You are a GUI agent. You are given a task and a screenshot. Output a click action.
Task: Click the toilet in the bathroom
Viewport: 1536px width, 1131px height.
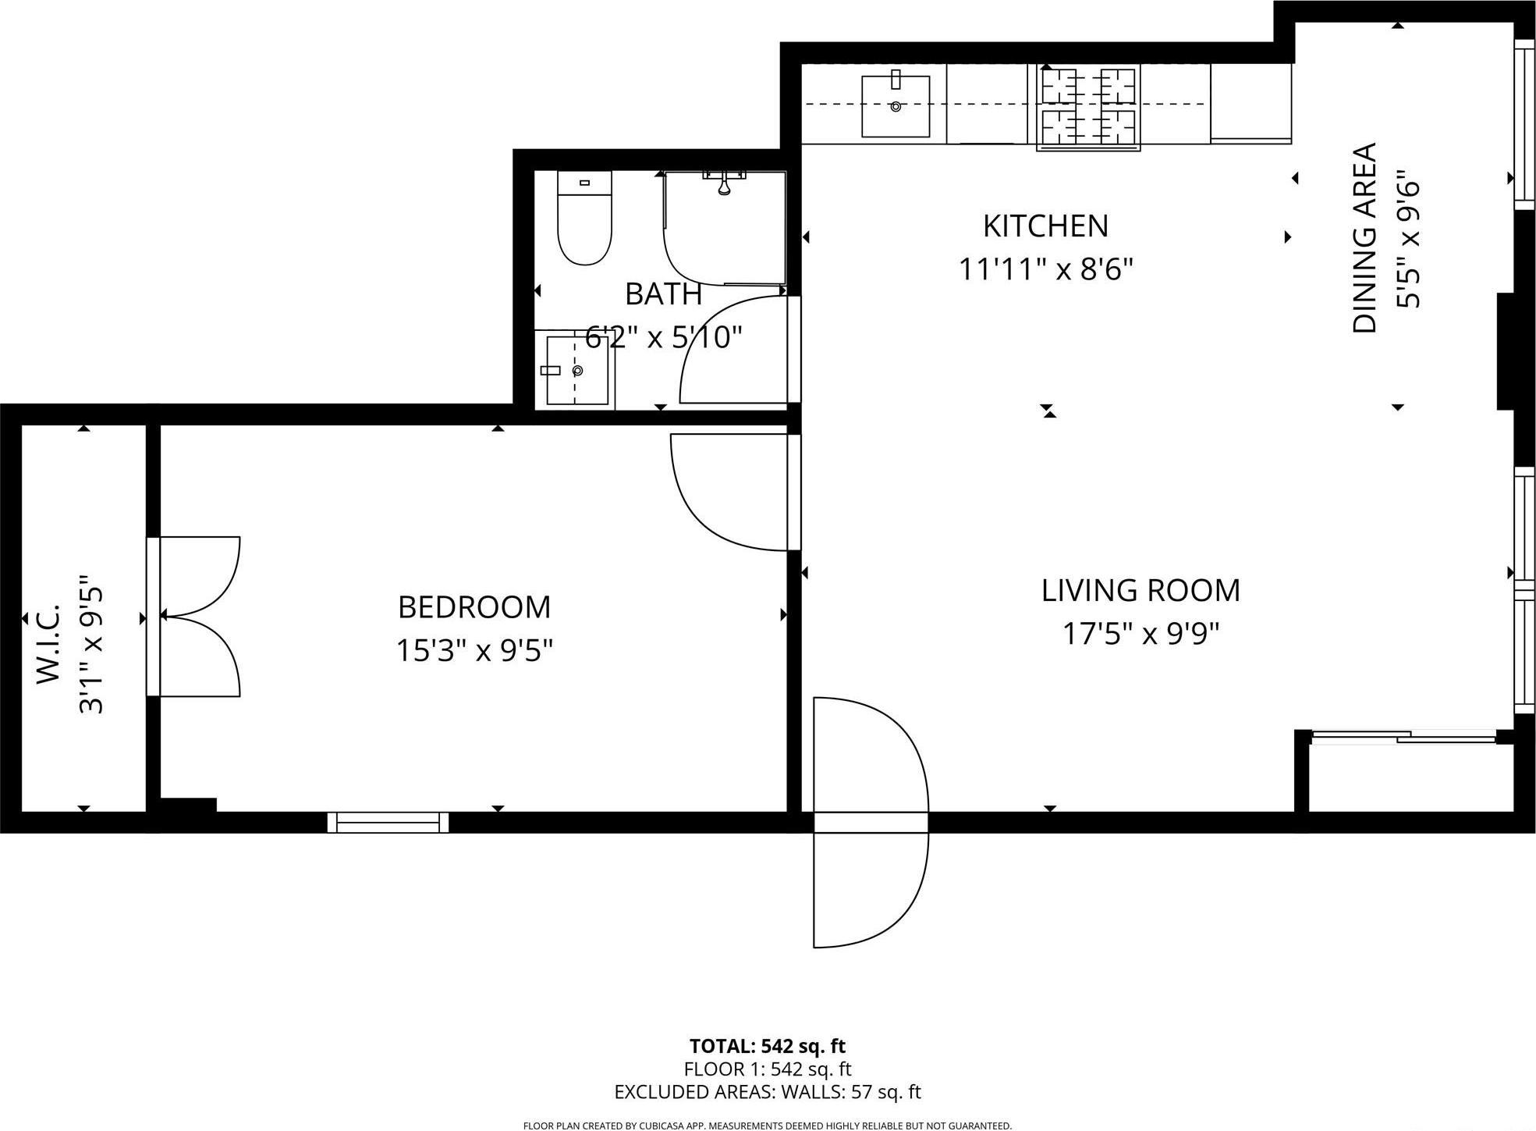(x=584, y=222)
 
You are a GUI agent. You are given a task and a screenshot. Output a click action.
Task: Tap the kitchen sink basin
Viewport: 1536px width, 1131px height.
(x=895, y=106)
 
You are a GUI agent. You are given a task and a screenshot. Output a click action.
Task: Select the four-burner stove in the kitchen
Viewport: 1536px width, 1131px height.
(x=1088, y=107)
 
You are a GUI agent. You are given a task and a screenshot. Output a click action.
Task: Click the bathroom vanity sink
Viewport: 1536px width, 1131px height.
(x=576, y=371)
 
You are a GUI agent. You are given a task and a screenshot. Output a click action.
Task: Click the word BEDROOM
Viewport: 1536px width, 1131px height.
(x=474, y=607)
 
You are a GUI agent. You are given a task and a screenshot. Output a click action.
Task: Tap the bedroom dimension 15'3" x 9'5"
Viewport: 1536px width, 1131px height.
(x=474, y=650)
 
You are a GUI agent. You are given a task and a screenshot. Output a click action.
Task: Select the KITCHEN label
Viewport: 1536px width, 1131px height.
(x=1045, y=226)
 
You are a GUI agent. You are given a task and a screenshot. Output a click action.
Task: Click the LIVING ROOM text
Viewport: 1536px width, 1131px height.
(x=1140, y=591)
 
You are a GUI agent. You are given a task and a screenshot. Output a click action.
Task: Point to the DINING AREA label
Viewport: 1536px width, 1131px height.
(x=1364, y=238)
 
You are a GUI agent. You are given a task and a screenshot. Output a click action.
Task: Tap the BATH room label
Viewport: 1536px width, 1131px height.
(x=663, y=294)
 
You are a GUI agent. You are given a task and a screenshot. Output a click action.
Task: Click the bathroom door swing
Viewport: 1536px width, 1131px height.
(x=733, y=351)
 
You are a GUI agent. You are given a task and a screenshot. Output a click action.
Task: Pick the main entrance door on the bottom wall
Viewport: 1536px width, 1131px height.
(x=870, y=822)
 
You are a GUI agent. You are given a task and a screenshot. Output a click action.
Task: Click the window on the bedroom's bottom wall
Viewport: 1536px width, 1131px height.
(x=388, y=822)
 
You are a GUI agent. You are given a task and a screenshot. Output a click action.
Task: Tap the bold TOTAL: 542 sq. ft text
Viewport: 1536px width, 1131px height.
(x=767, y=1046)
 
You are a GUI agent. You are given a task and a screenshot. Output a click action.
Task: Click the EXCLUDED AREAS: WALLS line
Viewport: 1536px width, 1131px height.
(x=767, y=1092)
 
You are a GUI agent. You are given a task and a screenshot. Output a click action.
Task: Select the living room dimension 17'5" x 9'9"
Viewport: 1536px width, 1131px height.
(x=1140, y=634)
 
